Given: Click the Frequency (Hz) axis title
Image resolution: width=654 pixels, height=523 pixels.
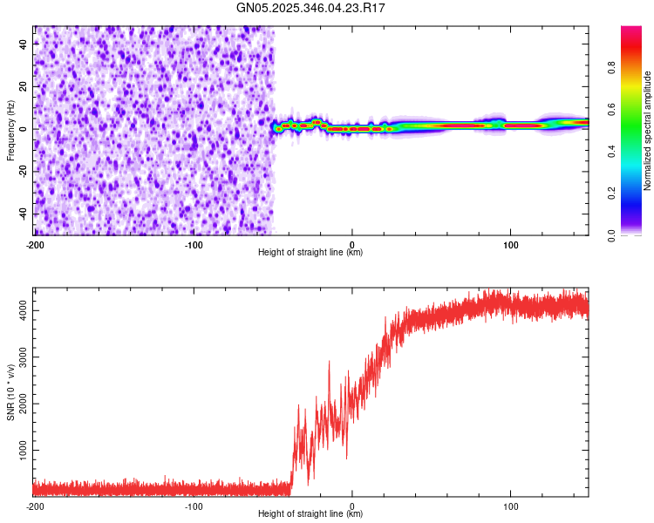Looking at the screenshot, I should click(x=10, y=130).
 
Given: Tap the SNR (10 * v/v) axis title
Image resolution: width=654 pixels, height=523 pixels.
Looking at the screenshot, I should click(x=10, y=391).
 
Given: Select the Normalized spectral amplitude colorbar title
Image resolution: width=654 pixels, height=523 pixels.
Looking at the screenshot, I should click(x=648, y=131).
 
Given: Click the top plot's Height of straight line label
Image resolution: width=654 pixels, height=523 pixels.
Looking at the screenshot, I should click(x=310, y=252).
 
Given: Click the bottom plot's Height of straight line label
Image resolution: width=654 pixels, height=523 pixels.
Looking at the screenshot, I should click(x=310, y=513).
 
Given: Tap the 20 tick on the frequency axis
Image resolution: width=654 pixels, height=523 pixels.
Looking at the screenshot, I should click(x=24, y=87).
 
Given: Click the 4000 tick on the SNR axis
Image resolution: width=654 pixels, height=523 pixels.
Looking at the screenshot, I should click(x=19, y=310).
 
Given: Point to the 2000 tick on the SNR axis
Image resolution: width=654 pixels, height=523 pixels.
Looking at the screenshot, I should click(x=19, y=404).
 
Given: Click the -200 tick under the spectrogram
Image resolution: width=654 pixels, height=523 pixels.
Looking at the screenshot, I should click(x=35, y=244).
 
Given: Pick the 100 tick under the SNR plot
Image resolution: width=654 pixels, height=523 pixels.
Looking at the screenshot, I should click(x=510, y=506).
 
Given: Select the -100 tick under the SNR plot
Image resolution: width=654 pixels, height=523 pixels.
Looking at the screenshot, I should click(x=194, y=506).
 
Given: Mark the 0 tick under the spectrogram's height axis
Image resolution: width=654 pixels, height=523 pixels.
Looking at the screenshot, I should click(x=352, y=244).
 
